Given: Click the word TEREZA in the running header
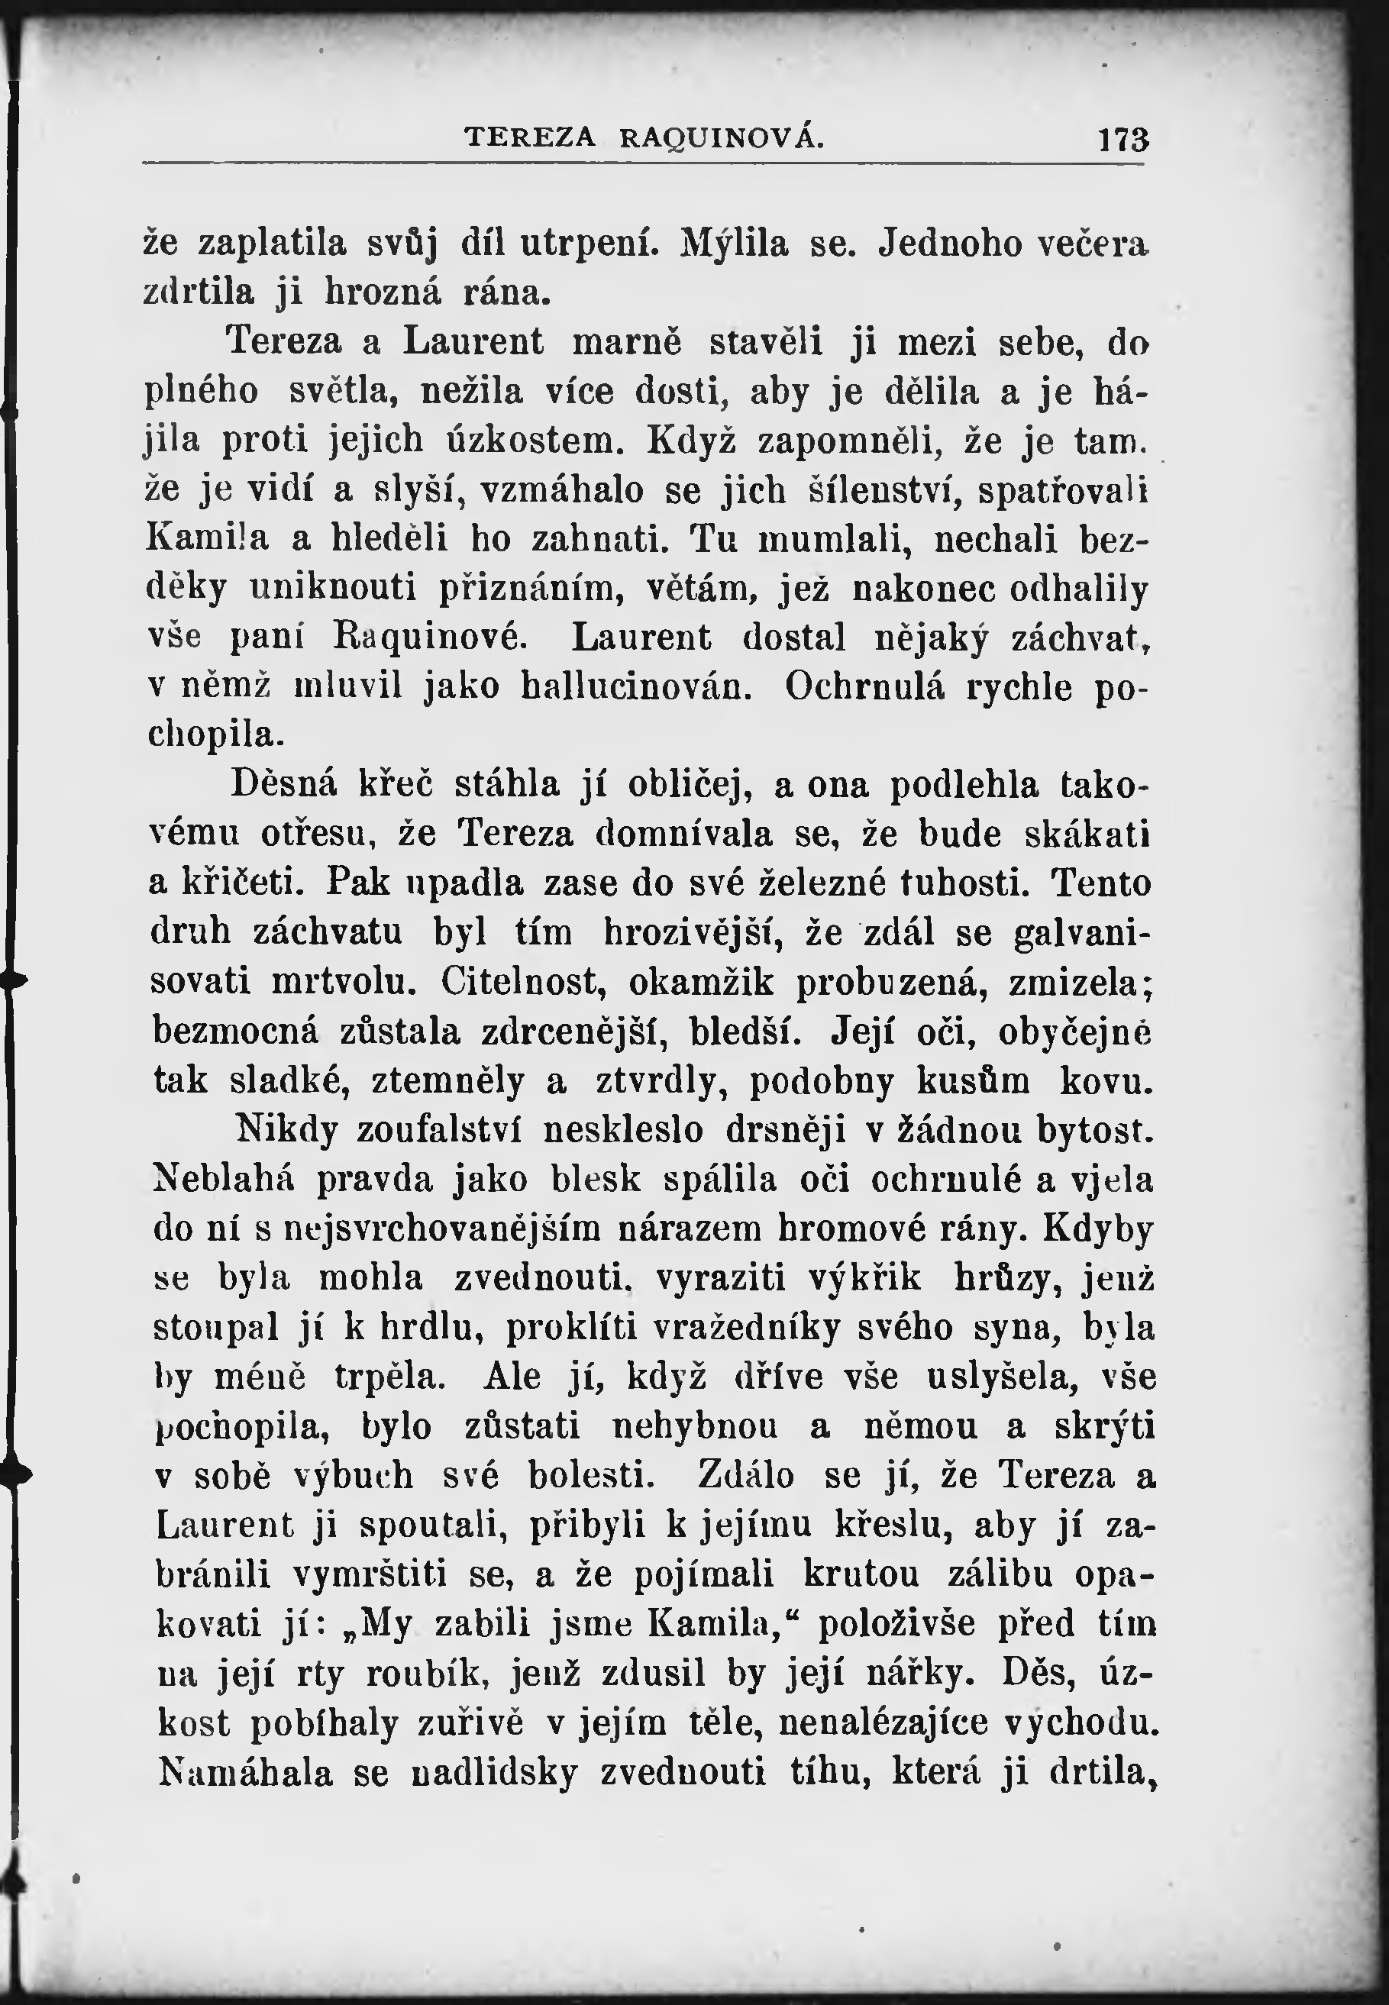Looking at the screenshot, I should (530, 137).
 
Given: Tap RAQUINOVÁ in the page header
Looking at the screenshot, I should (722, 137).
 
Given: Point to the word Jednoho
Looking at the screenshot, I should (949, 244).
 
